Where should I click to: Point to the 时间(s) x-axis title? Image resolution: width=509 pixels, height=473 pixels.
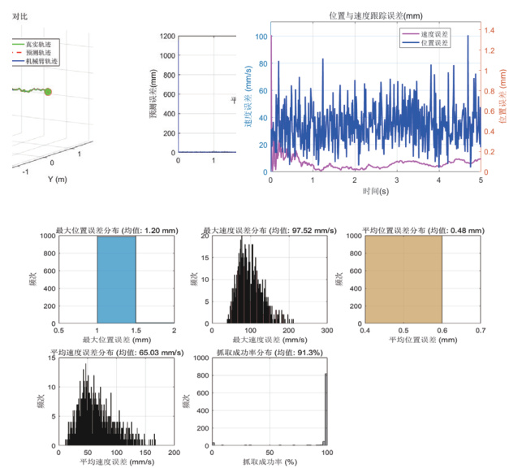tap(376, 193)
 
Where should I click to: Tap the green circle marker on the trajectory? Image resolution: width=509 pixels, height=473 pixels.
tap(48, 93)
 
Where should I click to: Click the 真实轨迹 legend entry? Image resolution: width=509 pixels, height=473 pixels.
tap(36, 44)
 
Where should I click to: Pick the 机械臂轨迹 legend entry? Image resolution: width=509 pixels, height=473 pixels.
tap(37, 61)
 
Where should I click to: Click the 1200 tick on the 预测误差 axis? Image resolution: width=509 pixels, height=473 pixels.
tap(169, 36)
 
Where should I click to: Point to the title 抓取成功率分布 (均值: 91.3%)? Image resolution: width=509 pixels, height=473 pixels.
tap(269, 350)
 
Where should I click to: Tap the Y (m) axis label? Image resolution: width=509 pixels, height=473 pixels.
tap(56, 179)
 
